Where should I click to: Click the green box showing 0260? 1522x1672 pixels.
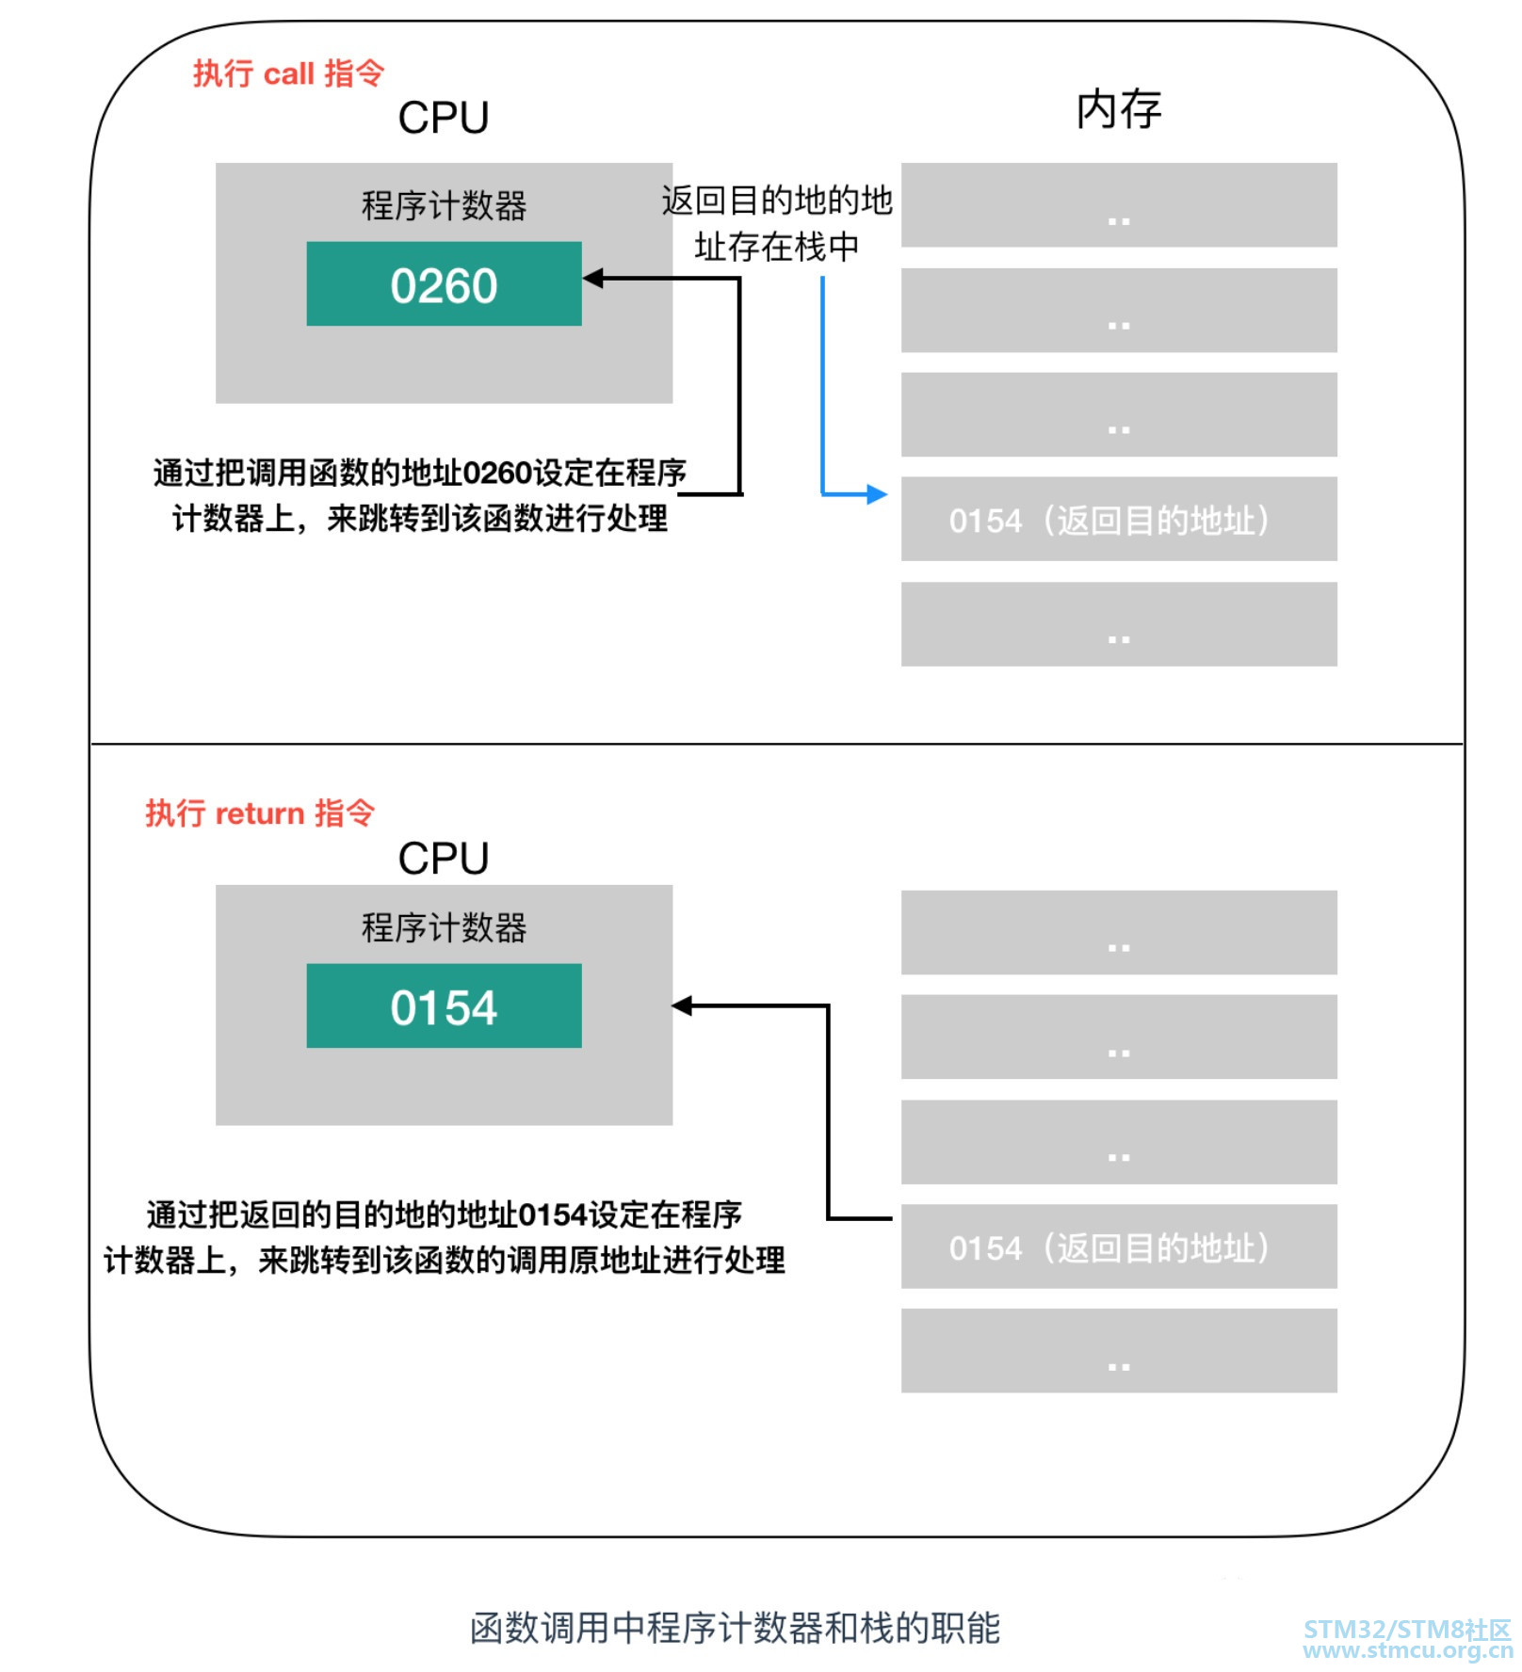point(444,284)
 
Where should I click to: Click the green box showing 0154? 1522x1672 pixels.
point(444,1005)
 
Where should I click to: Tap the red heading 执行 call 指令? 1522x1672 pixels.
point(288,72)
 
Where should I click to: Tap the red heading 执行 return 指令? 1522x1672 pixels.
point(260,812)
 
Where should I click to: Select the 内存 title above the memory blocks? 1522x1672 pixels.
point(1118,109)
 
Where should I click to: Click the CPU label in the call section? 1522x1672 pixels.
point(443,119)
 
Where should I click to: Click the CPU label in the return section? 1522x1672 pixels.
point(443,858)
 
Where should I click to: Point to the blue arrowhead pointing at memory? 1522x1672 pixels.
point(878,493)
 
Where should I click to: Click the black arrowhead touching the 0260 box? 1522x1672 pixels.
point(593,278)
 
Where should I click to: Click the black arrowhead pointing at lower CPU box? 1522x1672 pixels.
point(683,1005)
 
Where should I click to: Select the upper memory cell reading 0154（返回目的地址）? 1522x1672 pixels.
point(1118,520)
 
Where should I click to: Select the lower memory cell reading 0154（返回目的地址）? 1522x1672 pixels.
point(1118,1246)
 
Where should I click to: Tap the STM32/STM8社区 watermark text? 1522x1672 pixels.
point(1407,1629)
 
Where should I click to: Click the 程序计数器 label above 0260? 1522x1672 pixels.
point(444,206)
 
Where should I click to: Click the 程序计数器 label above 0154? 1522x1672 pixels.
point(444,927)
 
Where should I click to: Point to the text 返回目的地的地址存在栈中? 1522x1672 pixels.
point(776,224)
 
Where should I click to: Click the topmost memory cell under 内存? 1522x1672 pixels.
point(1118,205)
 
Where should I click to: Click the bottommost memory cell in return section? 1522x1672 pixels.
point(1118,1350)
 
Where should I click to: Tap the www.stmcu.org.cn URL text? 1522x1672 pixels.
point(1407,1650)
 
